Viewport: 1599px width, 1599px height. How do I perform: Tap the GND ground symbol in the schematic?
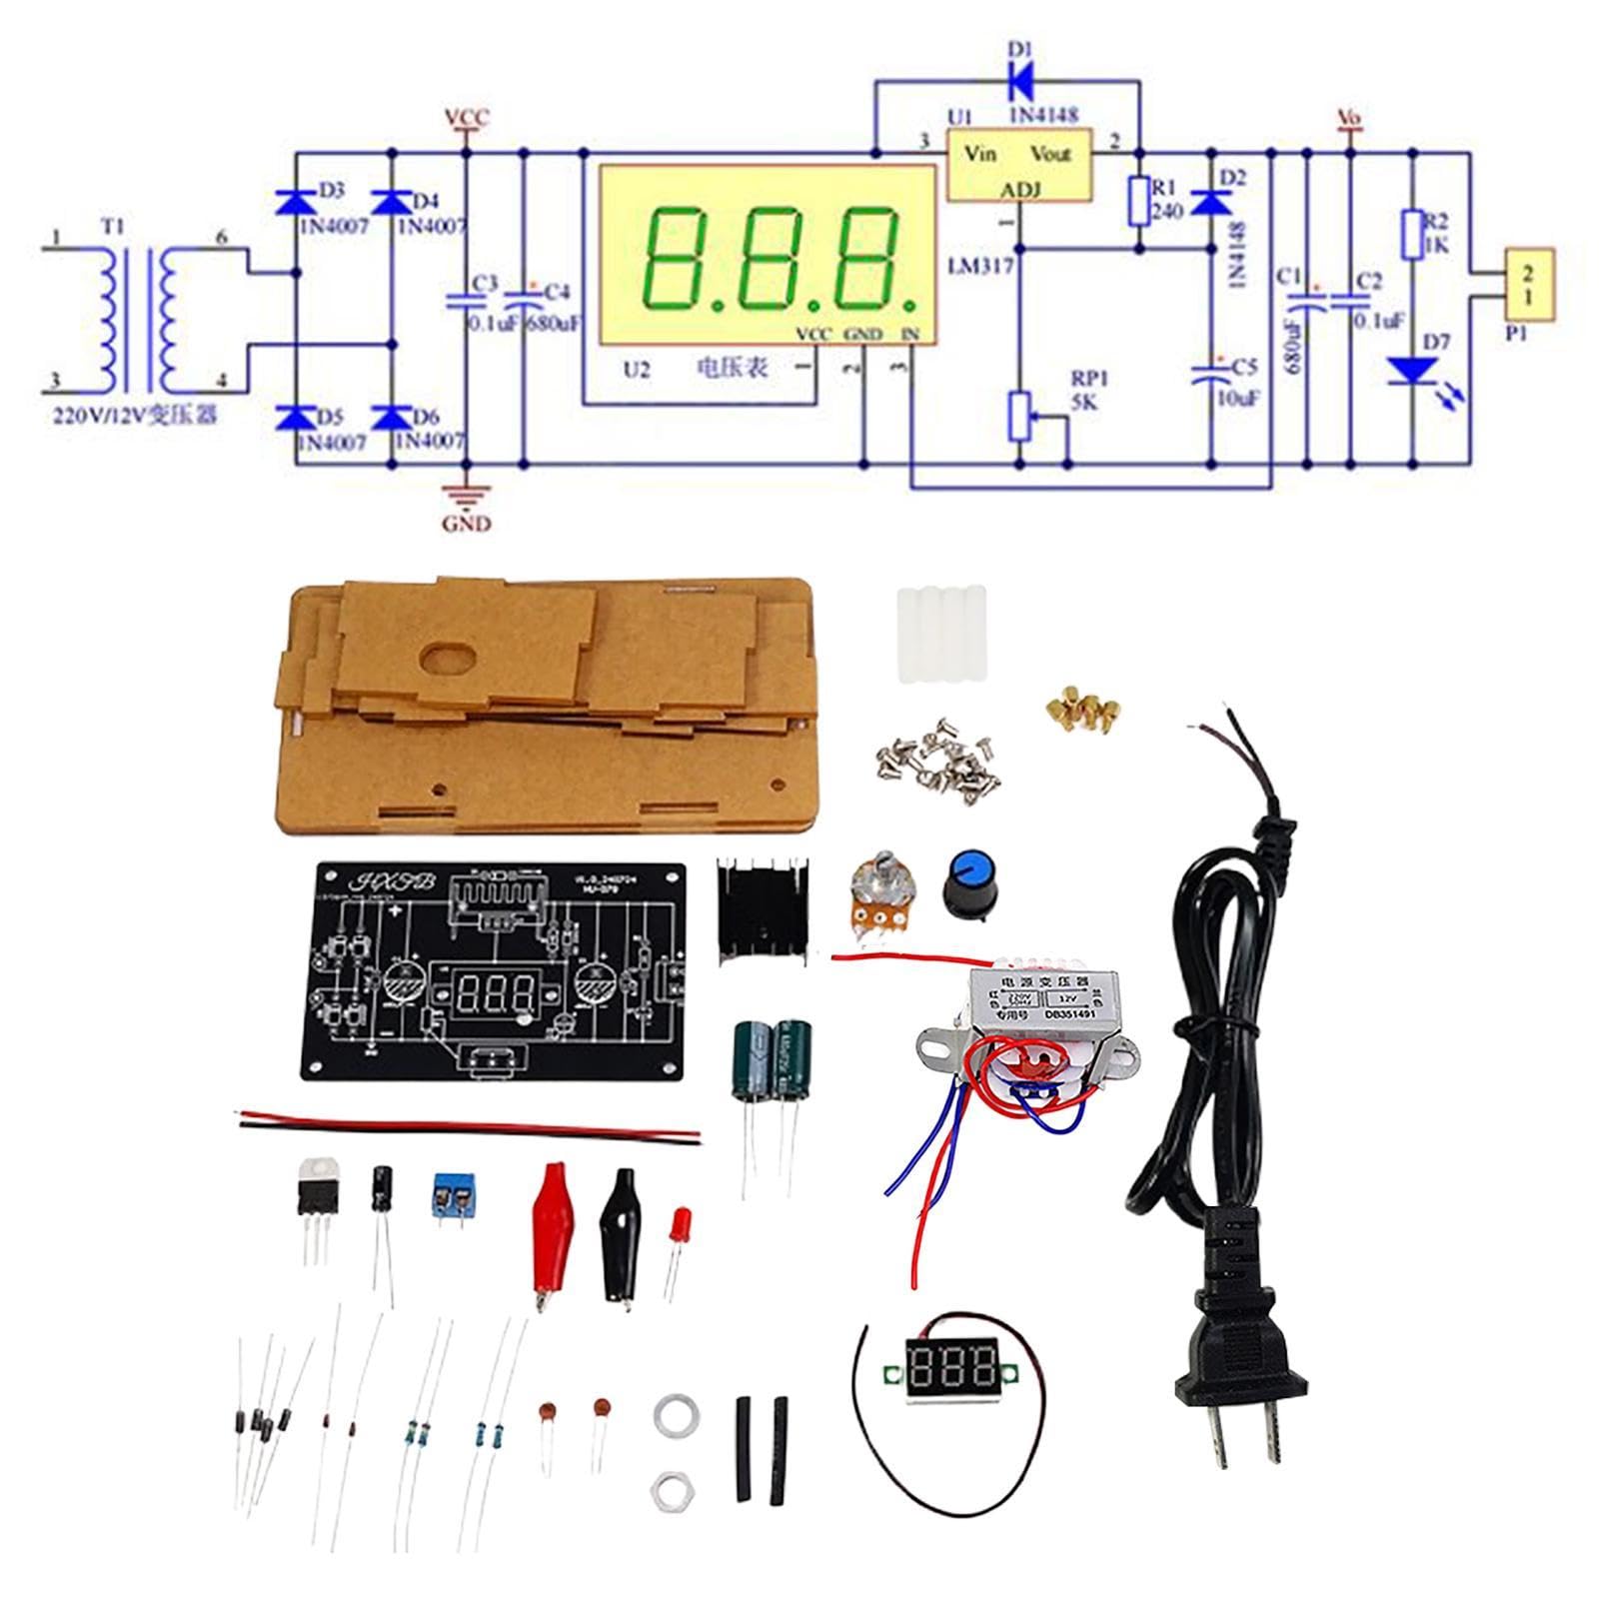[466, 495]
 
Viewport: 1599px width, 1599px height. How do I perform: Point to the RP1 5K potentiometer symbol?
[1020, 416]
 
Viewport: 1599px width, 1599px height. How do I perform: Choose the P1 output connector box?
[1528, 284]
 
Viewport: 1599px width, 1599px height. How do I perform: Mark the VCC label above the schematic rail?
[467, 118]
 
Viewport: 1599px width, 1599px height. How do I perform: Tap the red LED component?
[684, 1223]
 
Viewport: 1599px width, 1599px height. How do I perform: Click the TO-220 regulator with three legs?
[317, 1189]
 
